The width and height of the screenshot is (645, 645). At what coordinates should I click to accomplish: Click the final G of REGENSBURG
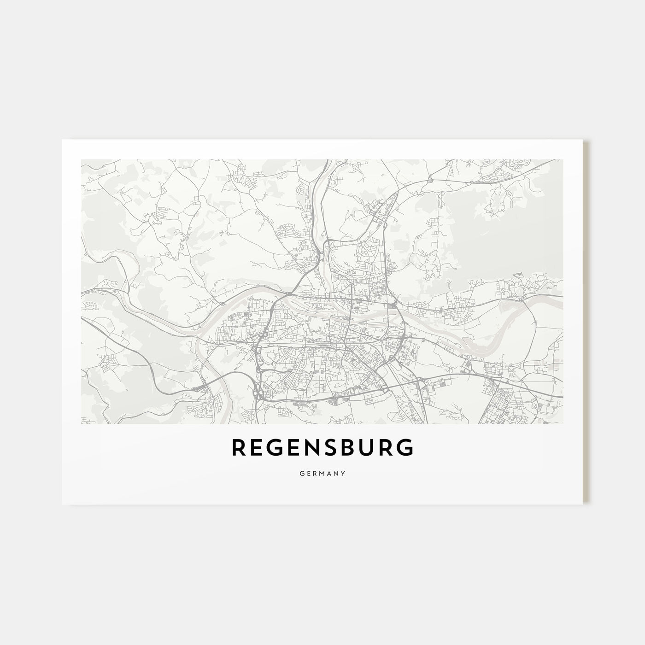tap(405, 448)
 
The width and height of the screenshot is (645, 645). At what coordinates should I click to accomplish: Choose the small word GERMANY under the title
tap(322, 473)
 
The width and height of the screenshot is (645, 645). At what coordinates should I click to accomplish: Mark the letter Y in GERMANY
tap(343, 473)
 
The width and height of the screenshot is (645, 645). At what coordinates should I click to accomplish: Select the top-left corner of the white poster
tap(62, 140)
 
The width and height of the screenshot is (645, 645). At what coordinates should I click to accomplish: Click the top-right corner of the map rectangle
tap(563, 160)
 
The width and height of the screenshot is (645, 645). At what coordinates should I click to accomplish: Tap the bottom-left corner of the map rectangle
tap(81, 423)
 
